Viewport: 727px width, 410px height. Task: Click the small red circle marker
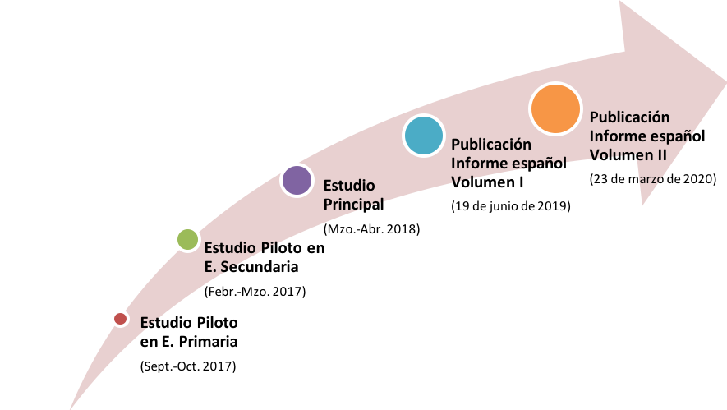pyautogui.click(x=121, y=319)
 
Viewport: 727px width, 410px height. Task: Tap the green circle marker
pyautogui.click(x=188, y=239)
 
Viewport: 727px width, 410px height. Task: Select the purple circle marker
pyautogui.click(x=297, y=181)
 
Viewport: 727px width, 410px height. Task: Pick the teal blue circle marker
pyautogui.click(x=424, y=136)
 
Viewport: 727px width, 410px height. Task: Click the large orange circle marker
pyautogui.click(x=555, y=109)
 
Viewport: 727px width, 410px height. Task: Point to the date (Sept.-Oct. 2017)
pyautogui.click(x=188, y=366)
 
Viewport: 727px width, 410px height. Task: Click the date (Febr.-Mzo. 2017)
pyautogui.click(x=255, y=291)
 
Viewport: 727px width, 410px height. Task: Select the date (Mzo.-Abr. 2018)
pyautogui.click(x=372, y=228)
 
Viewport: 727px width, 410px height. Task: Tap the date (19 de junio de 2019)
pyautogui.click(x=511, y=206)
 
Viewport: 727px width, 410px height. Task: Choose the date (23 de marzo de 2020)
pyautogui.click(x=653, y=179)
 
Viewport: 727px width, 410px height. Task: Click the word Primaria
pyautogui.click(x=208, y=342)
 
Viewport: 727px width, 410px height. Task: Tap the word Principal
pyautogui.click(x=354, y=205)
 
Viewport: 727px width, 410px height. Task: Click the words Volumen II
pyautogui.click(x=628, y=155)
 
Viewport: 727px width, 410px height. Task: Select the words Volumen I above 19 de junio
pyautogui.click(x=487, y=182)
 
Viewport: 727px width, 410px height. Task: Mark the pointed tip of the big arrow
pyautogui.click(x=725, y=84)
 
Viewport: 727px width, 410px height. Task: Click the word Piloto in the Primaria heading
pyautogui.click(x=217, y=322)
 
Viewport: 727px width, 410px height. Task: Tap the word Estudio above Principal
pyautogui.click(x=349, y=186)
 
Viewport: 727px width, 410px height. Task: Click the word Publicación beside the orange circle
pyautogui.click(x=629, y=117)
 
